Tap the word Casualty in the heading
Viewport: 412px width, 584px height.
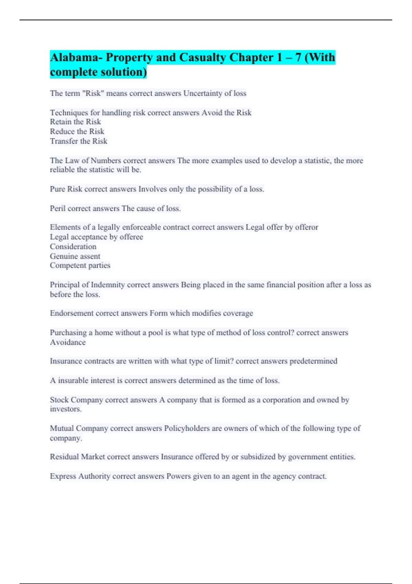click(203, 57)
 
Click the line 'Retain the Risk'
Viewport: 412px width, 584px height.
click(76, 122)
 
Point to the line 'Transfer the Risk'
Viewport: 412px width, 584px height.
click(79, 141)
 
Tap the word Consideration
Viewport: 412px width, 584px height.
click(73, 247)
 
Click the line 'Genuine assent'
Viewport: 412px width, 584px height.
click(75, 256)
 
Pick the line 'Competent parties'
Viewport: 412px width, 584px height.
click(80, 266)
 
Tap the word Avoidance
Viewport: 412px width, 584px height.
click(68, 342)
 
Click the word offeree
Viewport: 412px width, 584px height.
click(131, 237)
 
